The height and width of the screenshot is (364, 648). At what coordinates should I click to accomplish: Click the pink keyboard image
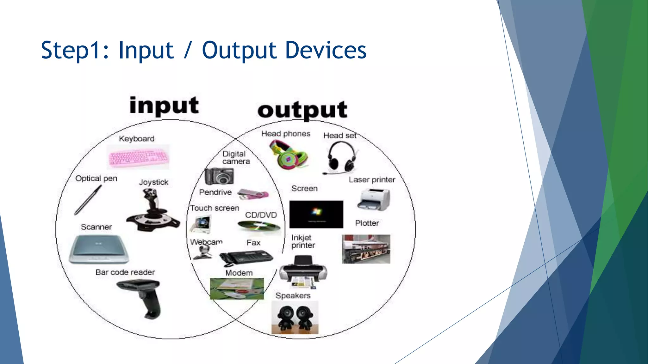pyautogui.click(x=138, y=157)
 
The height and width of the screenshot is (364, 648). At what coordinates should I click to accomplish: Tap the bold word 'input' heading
pyautogui.click(x=164, y=106)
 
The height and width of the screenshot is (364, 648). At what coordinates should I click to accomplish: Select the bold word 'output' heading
pyautogui.click(x=302, y=110)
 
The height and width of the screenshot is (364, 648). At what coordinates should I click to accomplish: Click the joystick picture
pyautogui.click(x=153, y=210)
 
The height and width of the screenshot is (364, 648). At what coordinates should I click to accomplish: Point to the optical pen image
pyautogui.click(x=88, y=200)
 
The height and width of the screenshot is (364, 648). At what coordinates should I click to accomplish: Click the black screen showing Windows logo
pyautogui.click(x=316, y=214)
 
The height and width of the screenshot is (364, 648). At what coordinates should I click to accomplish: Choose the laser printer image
pyautogui.click(x=374, y=200)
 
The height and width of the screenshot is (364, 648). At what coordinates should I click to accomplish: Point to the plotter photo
pyautogui.click(x=366, y=249)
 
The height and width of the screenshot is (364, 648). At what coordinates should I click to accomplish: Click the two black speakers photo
pyautogui.click(x=295, y=317)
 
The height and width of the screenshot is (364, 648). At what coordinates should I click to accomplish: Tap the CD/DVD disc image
pyautogui.click(x=259, y=227)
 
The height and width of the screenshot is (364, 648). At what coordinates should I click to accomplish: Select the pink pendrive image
pyautogui.click(x=253, y=194)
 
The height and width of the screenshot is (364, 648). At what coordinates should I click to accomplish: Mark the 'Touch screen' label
pyautogui.click(x=215, y=208)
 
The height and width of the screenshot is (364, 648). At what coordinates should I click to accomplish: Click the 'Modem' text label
pyautogui.click(x=239, y=273)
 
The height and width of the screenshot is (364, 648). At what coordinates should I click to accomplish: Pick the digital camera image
pyautogui.click(x=219, y=176)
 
